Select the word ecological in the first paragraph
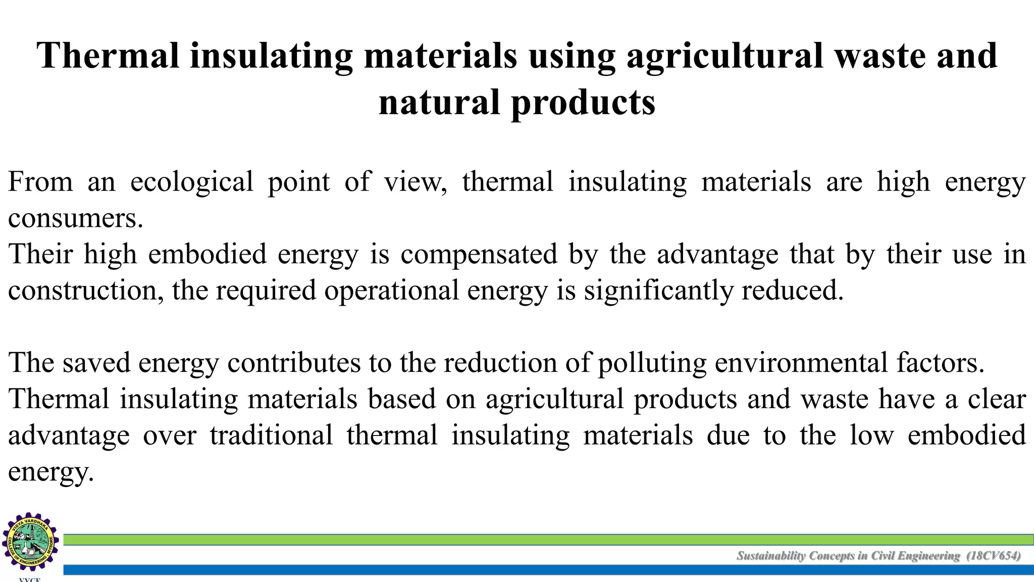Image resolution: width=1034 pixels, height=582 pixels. click(191, 182)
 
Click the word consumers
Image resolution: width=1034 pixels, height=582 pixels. click(76, 218)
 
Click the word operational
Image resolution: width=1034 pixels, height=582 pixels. click(391, 290)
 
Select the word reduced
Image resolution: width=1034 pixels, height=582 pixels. click(792, 290)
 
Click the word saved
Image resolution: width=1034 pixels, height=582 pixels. click(96, 363)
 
